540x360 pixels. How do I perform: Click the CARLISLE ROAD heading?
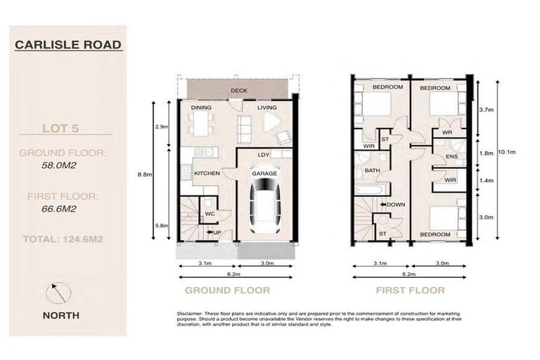click(x=68, y=45)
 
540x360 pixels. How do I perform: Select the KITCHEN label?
click(x=207, y=173)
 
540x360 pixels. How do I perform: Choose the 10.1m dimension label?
click(x=509, y=151)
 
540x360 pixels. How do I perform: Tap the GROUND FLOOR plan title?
click(x=226, y=290)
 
